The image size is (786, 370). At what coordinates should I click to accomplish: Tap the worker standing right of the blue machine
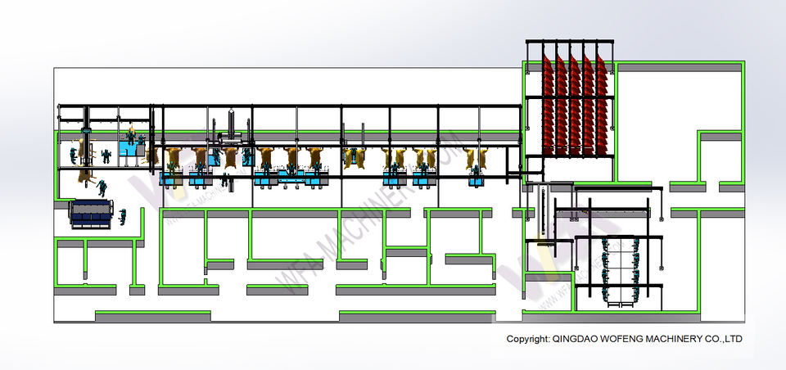point(122,216)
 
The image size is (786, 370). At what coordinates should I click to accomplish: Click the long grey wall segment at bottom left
point(152,315)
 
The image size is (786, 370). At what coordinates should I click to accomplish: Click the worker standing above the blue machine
point(102,188)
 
